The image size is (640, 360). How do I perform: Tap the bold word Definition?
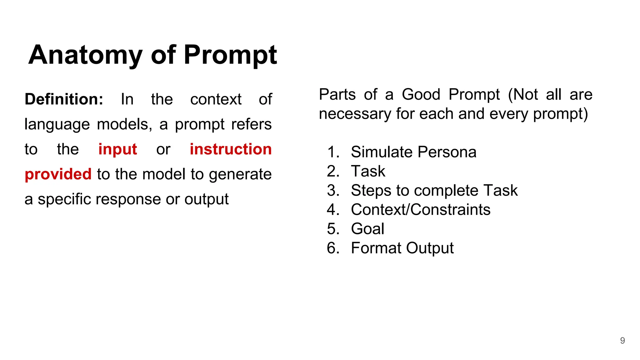pos(64,99)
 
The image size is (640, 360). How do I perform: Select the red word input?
pos(117,149)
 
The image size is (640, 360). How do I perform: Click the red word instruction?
pos(231,149)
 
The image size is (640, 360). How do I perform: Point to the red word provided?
pos(58,174)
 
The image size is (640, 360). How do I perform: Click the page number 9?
pos(622,340)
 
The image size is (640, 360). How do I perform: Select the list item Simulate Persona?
pos(413,152)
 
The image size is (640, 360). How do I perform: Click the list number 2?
pos(333,171)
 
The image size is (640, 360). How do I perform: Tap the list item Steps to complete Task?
pos(434,191)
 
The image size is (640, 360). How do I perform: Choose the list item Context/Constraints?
pos(421,210)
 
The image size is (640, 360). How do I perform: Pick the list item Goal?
pos(367,229)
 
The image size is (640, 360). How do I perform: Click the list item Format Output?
pos(402,248)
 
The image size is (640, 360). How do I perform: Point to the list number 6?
pos(333,248)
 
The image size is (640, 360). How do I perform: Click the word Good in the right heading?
pos(421,94)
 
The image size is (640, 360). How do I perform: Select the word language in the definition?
pos(57,125)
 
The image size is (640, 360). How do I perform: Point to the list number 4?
pos(333,210)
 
